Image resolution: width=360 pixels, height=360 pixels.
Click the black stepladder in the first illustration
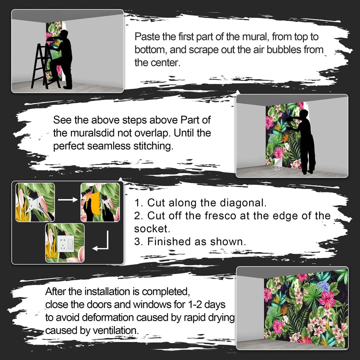45,67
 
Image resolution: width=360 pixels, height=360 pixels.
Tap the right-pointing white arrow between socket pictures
68,199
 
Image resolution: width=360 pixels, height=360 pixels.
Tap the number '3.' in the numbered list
139,242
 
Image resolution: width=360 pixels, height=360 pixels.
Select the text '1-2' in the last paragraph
195,305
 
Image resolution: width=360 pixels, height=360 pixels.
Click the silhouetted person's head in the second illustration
303,113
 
